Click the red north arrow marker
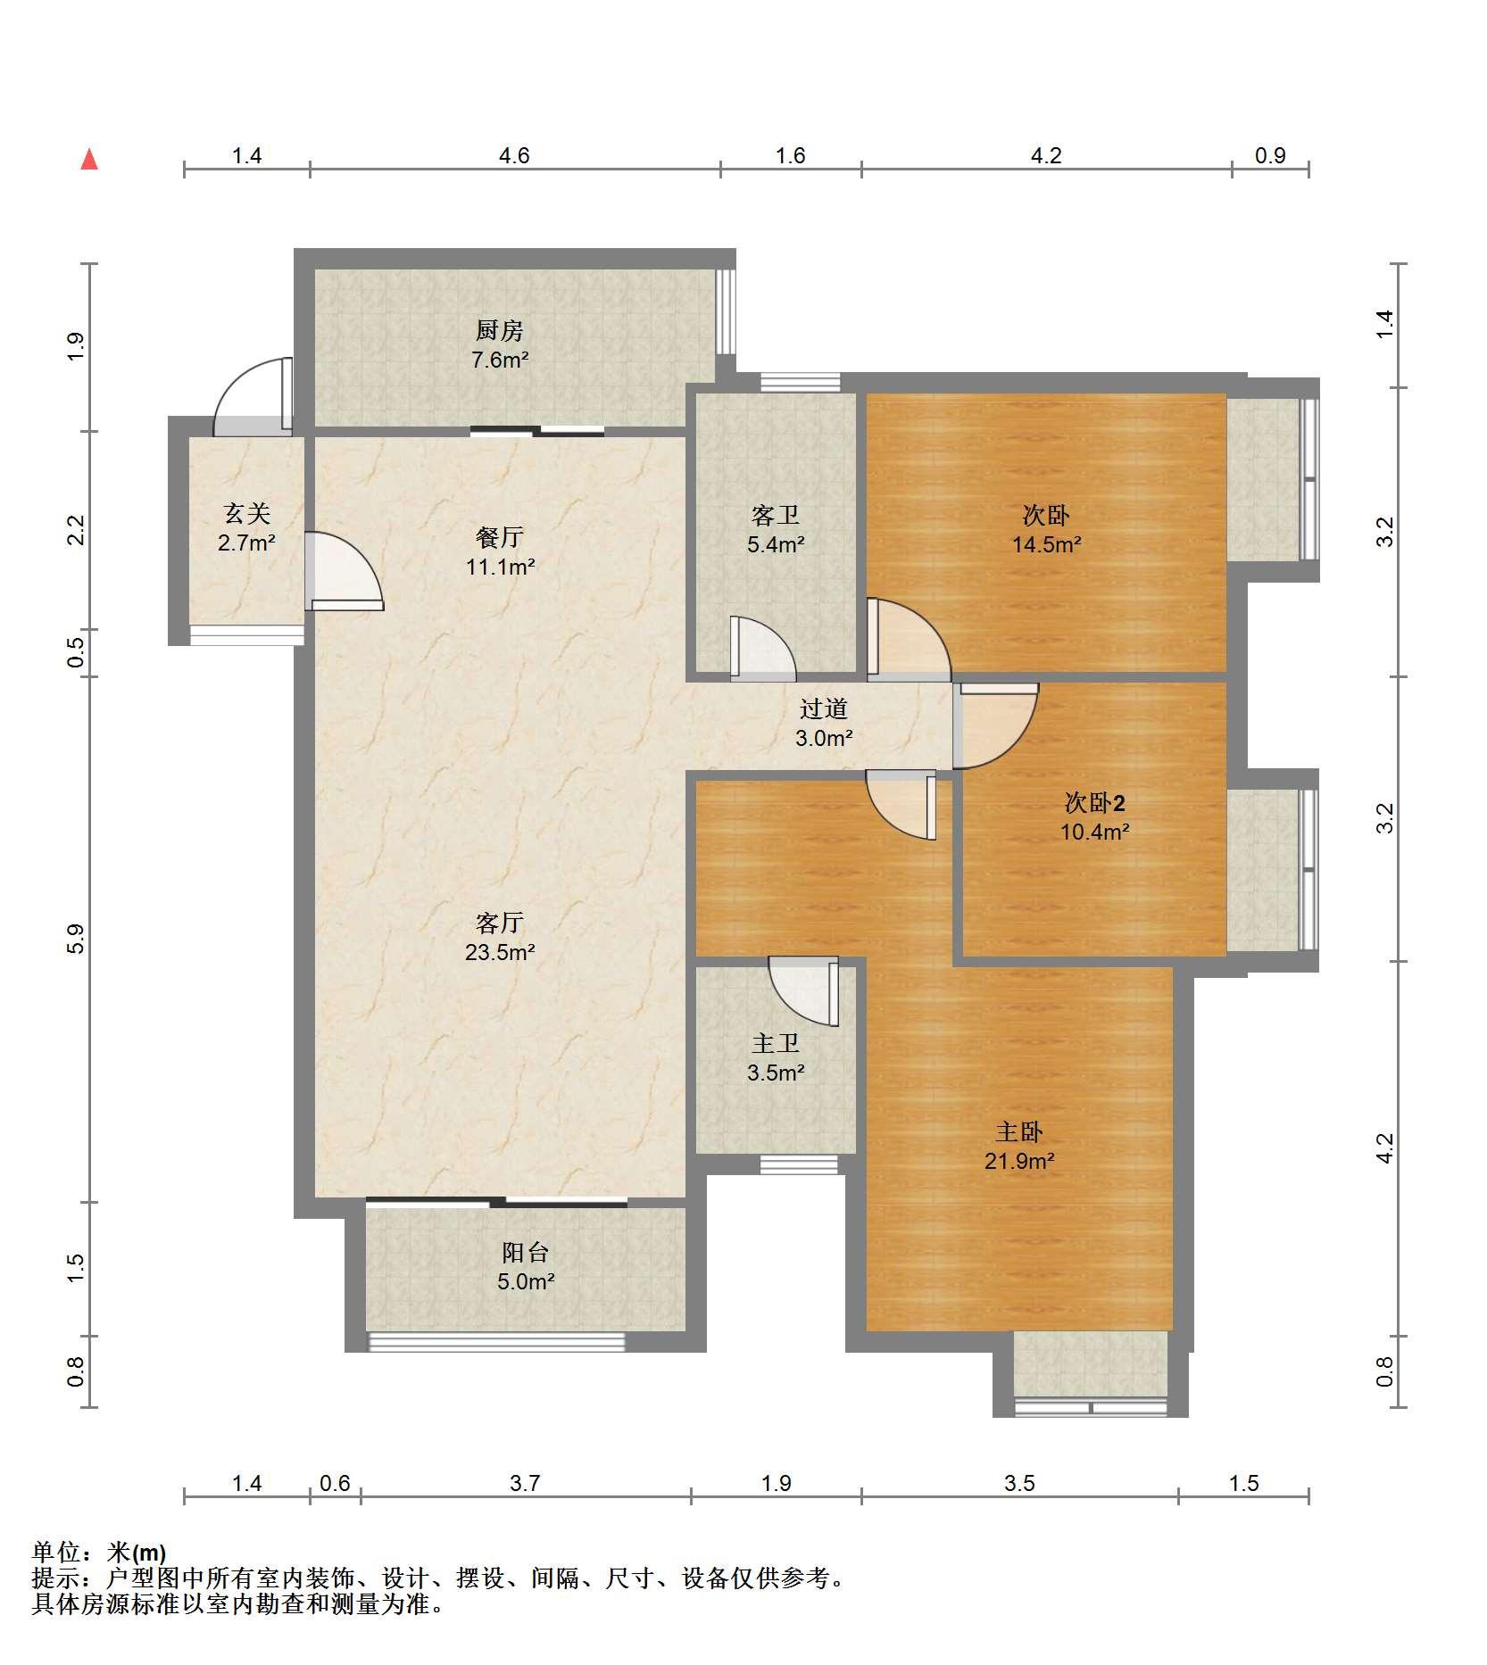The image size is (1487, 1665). click(x=89, y=161)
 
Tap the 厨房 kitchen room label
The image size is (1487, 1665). click(x=499, y=331)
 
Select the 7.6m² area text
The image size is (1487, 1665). click(x=500, y=360)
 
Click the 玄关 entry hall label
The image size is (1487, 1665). click(x=246, y=513)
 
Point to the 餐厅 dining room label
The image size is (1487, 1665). click(x=500, y=537)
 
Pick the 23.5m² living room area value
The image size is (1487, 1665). click(x=500, y=952)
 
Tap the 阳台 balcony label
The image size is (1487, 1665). click(x=525, y=1253)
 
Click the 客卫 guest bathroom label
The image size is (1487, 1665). click(x=776, y=515)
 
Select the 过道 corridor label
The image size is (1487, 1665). click(x=823, y=709)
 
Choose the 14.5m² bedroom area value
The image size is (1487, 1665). click(x=1047, y=544)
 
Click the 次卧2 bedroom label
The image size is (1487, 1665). click(x=1095, y=803)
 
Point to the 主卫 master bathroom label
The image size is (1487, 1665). click(x=775, y=1043)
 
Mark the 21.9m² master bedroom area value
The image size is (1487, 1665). click(x=1019, y=1161)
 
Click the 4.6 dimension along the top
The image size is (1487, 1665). click(x=514, y=156)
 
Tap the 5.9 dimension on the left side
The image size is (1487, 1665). click(x=76, y=940)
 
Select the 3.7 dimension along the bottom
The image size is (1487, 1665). click(x=525, y=1483)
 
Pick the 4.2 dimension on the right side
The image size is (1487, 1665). click(x=1384, y=1148)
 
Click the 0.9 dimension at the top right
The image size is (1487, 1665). click(x=1270, y=156)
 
